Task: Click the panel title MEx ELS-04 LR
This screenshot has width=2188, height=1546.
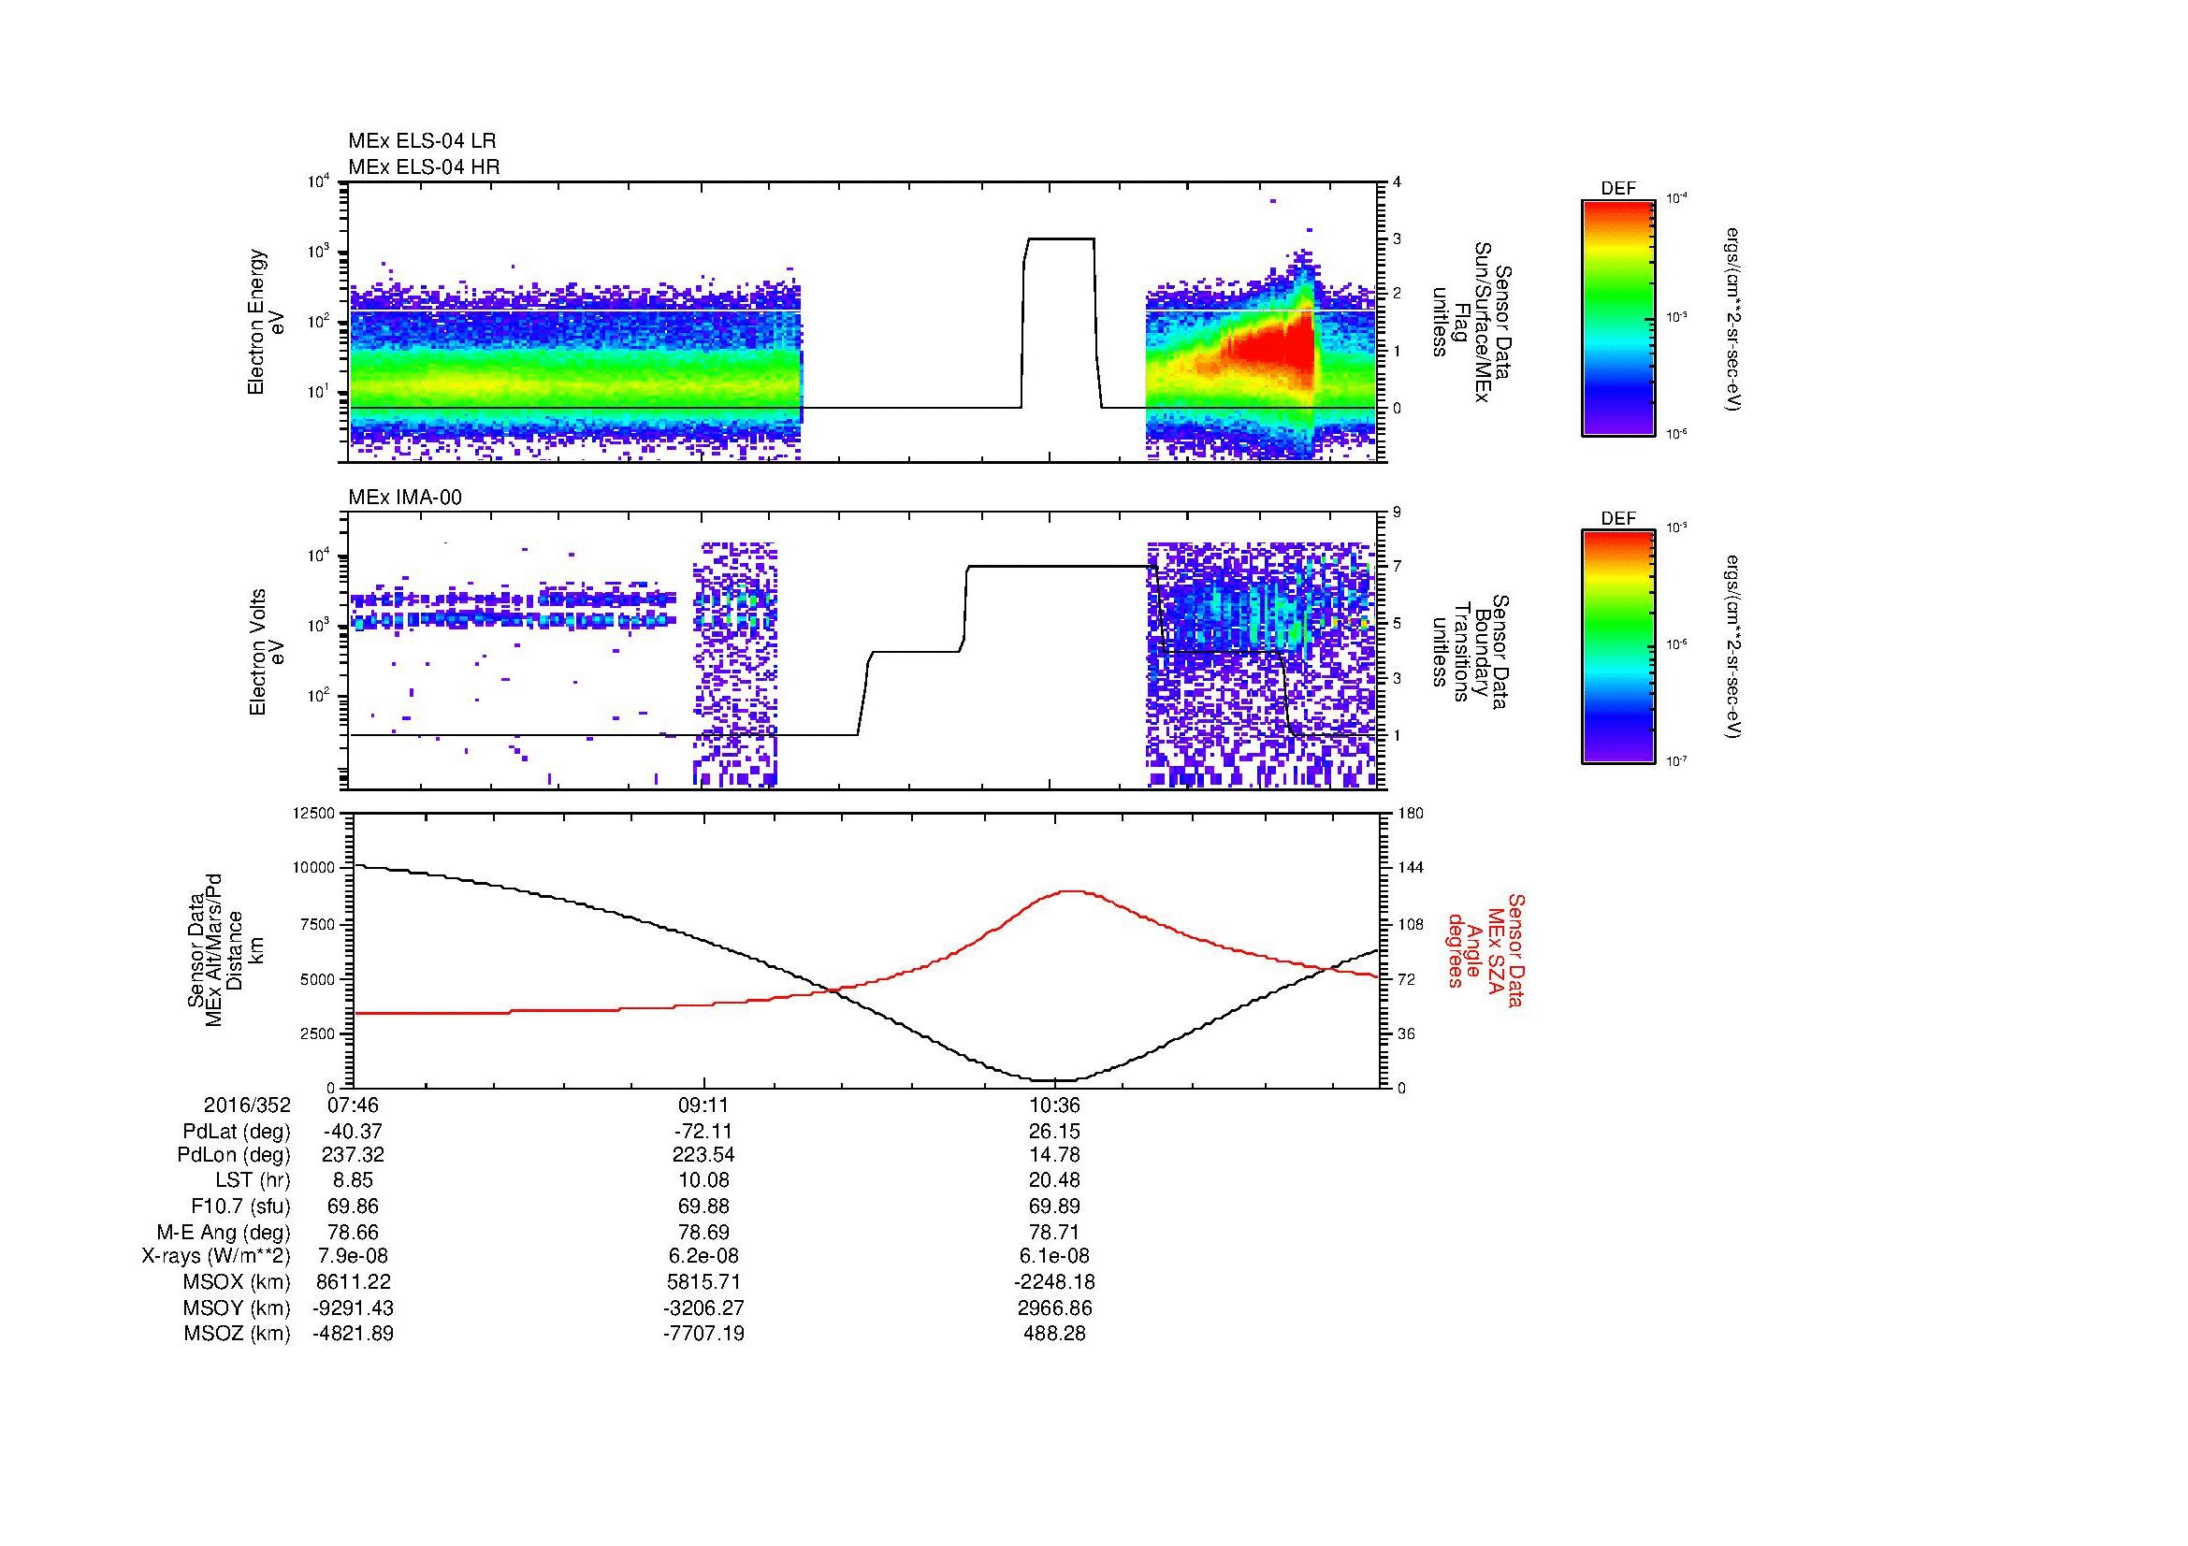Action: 421,141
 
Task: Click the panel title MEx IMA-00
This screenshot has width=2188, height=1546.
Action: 404,498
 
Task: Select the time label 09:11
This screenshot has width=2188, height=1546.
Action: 703,1105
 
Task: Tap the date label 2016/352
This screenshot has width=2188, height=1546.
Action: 247,1105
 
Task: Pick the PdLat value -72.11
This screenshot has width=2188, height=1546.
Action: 703,1132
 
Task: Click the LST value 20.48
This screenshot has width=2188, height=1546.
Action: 1054,1180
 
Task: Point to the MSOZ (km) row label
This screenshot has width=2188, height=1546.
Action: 237,1334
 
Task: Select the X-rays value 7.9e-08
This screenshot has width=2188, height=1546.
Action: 353,1256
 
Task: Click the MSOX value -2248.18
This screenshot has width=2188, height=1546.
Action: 1054,1282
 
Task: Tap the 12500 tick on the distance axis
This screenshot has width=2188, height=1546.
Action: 315,813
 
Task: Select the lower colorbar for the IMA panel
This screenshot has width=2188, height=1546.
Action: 1617,647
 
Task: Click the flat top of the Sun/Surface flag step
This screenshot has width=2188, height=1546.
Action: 1059,239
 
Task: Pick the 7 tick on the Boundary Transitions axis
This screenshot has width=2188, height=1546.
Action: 1397,567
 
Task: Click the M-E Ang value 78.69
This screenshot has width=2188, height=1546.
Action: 703,1232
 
